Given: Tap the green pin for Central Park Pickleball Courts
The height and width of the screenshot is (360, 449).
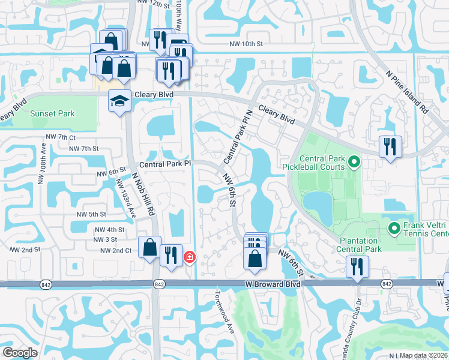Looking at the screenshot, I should (x=354, y=161).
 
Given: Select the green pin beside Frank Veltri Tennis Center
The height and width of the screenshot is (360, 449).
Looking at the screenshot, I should (x=394, y=227).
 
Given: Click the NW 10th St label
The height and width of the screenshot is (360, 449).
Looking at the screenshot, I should (x=247, y=43).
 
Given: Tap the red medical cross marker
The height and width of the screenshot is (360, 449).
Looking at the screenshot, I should (x=190, y=257).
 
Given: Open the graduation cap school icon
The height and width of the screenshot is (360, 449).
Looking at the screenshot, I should (x=119, y=100).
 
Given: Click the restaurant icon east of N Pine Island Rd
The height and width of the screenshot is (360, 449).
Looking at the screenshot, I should (x=390, y=146).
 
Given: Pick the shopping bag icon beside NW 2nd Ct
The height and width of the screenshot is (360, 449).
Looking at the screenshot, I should (x=149, y=247).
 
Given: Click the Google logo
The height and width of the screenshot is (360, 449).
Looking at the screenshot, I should (x=20, y=352).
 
